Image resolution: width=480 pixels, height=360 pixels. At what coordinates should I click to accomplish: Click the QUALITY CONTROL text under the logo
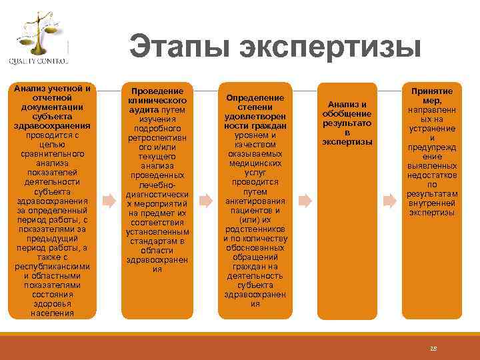(39, 61)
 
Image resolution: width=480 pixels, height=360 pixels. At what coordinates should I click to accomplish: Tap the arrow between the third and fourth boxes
(304, 199)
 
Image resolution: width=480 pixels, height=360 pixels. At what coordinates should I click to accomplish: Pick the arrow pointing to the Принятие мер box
(390, 199)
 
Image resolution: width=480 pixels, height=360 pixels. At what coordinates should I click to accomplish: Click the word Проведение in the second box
(157, 91)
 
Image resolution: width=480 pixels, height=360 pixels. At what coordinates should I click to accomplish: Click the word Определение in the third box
(255, 98)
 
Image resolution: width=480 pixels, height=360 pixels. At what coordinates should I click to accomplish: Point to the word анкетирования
(255, 201)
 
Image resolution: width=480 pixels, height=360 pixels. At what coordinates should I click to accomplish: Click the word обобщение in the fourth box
(347, 114)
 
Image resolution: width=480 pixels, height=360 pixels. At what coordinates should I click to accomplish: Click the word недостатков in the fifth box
(433, 175)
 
